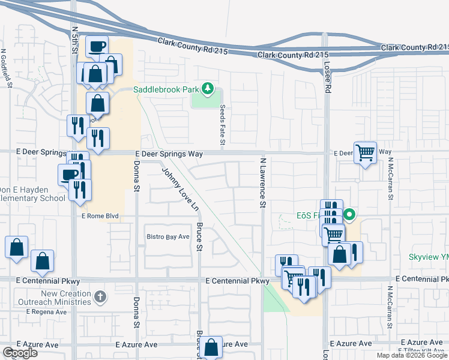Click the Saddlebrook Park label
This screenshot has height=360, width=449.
coord(166,90)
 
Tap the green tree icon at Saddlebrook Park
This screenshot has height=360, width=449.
coord(208,89)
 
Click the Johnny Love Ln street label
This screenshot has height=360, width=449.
coord(180,189)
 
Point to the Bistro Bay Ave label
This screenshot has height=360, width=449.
coord(168,237)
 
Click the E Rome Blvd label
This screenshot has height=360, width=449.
coord(100,216)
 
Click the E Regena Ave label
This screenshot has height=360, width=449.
coord(46,312)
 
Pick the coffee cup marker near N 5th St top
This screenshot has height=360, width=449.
coord(97,46)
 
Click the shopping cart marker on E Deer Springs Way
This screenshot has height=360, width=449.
coord(365,153)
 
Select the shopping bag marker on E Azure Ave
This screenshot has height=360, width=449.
coord(211,347)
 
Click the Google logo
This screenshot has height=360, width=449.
coord(20,353)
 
